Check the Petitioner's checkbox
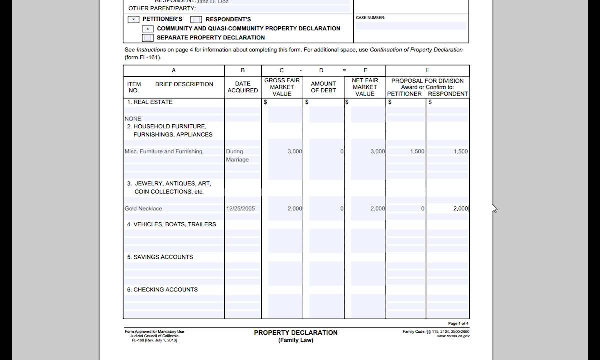coord(133,20)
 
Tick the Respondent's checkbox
coord(196,20)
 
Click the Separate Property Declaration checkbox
coord(147,38)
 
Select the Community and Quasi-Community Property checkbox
coord(147,29)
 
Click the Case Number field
coord(411,26)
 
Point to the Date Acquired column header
coord(243,87)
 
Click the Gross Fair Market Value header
coord(282,87)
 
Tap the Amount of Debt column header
coord(323,87)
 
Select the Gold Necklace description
coord(143,209)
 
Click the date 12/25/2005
coord(240,209)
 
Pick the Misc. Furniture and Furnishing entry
coord(163,152)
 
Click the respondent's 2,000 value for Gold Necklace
coord(460,209)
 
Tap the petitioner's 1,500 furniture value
coord(417,152)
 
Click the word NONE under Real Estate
coord(133,119)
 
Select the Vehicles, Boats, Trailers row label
coord(171,225)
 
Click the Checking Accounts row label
coord(162,290)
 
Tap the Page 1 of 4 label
coord(458,324)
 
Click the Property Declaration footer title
coord(295,333)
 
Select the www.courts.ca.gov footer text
coord(453,336)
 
